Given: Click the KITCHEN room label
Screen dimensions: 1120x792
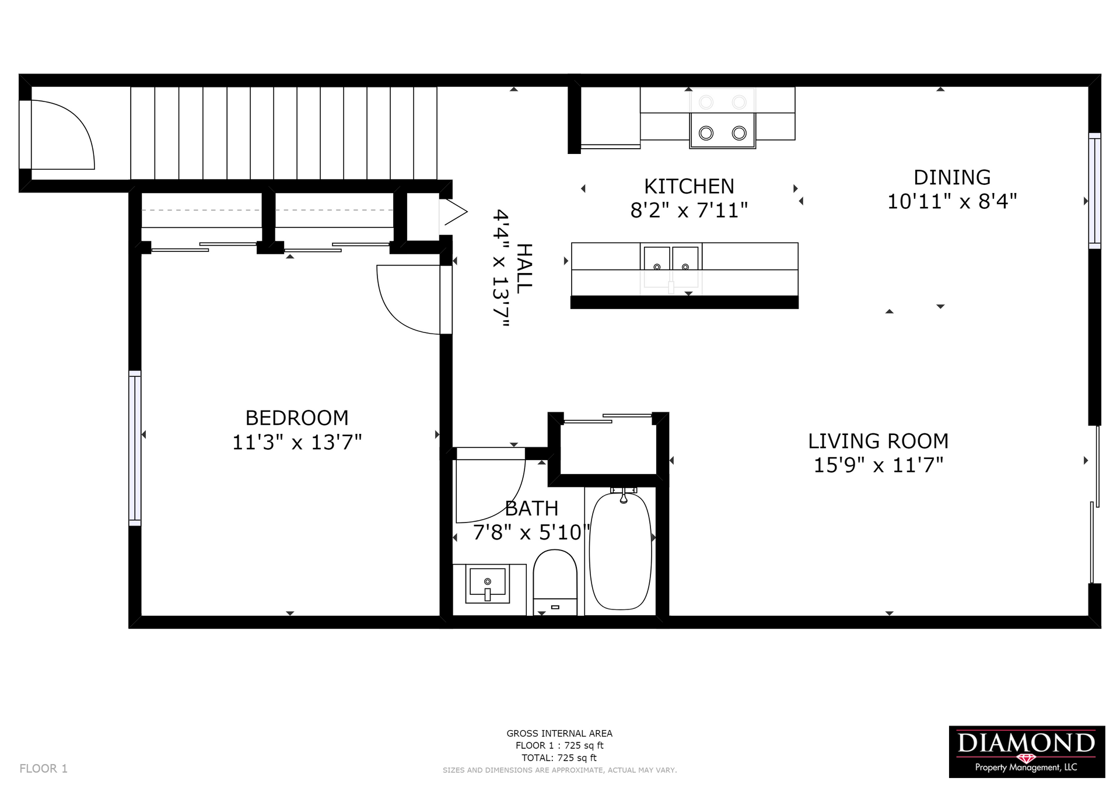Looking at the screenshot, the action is (x=689, y=187).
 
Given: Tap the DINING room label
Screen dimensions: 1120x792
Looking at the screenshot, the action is (x=952, y=177).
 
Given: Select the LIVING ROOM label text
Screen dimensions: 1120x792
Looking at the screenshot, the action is (x=878, y=441).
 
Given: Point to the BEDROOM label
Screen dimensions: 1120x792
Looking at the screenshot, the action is (x=297, y=418).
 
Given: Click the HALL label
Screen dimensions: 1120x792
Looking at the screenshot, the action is (x=524, y=268).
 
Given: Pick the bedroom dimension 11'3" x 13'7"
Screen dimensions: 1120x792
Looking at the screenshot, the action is (x=297, y=443).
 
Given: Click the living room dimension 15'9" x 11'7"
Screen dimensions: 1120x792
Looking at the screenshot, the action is (x=878, y=465).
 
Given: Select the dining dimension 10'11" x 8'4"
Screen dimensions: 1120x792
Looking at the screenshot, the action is (x=952, y=202).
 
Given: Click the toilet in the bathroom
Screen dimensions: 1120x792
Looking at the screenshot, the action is (x=555, y=582).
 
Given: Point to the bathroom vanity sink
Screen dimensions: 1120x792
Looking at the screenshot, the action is (x=488, y=586).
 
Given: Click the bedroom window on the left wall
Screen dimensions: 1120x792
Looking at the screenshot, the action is (x=135, y=448).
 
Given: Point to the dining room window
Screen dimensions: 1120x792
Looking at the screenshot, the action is (x=1094, y=191).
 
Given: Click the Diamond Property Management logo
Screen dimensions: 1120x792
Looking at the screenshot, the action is (x=1027, y=752).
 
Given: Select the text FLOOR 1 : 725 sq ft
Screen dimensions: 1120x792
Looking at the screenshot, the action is (x=559, y=745).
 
